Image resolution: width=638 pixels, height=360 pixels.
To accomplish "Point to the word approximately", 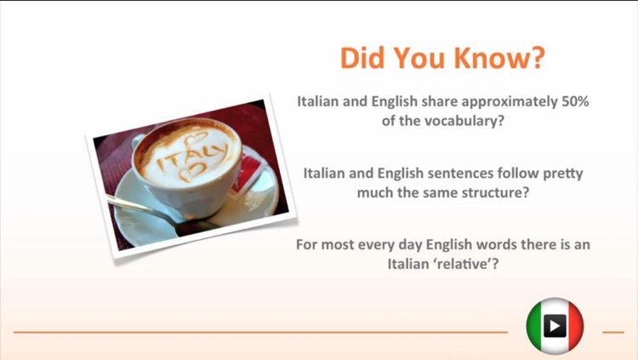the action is click(510, 102).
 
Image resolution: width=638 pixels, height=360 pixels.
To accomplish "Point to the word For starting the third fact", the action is click(307, 244).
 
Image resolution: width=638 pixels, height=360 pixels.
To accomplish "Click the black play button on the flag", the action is click(555, 326).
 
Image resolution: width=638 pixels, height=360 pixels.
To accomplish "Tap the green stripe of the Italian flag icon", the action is click(535, 327).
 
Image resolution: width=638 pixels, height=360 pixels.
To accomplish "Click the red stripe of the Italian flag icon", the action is click(574, 327).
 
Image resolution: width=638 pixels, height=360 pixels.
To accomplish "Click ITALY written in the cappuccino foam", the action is click(192, 157).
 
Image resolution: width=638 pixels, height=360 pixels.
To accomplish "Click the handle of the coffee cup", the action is click(138, 141).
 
